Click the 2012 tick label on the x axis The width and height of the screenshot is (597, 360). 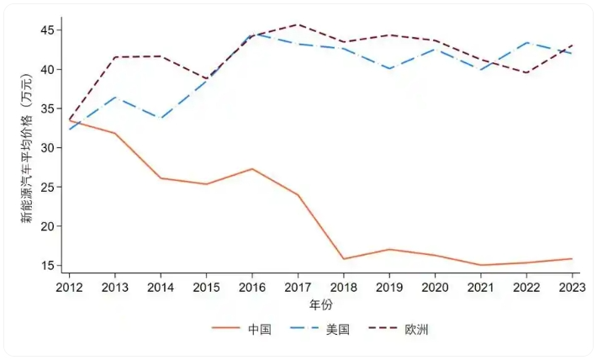68,288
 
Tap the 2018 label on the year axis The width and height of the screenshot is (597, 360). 343,288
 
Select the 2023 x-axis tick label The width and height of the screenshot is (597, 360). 572,288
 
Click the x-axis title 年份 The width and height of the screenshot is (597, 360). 320,304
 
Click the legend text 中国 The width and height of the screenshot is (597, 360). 260,330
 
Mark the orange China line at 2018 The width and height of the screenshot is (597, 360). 343,259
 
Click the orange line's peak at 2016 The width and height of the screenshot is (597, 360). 251,169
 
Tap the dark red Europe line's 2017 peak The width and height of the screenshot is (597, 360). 298,24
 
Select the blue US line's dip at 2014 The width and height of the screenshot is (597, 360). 160,119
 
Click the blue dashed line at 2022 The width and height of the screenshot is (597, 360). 526,43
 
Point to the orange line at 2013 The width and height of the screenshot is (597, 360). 114,134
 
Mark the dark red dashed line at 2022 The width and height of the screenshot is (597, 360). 526,73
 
